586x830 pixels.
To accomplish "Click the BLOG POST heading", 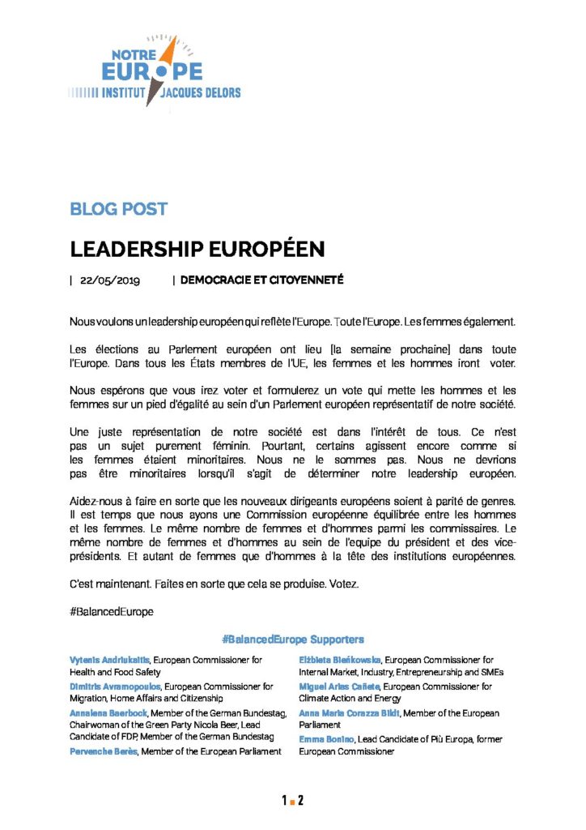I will tap(119, 209).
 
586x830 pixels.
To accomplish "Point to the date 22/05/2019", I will tap(110, 280).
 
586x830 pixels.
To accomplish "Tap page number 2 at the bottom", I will tap(300, 801).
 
